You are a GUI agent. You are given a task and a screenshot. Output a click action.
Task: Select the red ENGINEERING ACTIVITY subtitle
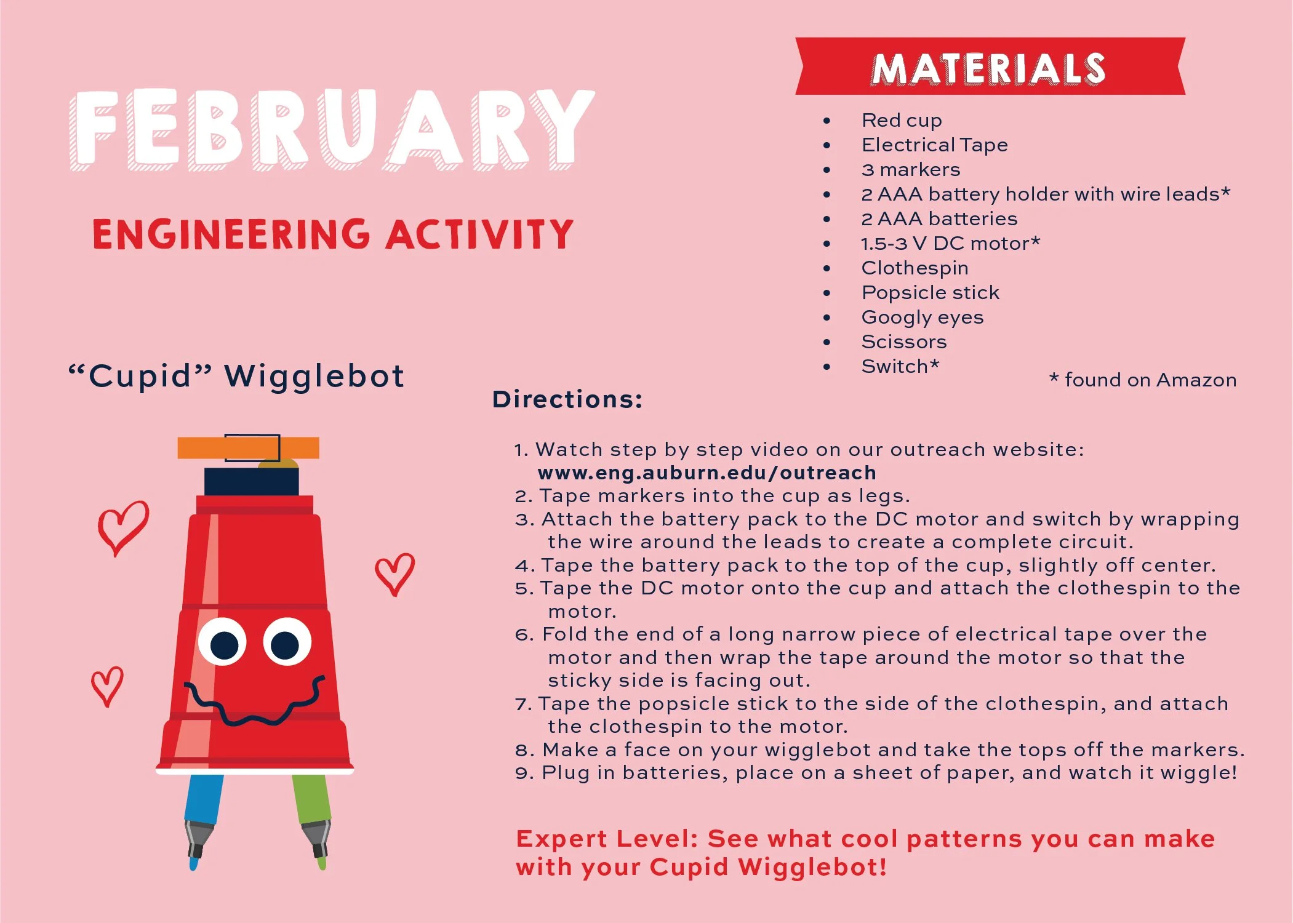click(332, 234)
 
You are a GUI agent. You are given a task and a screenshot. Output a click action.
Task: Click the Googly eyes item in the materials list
click(922, 318)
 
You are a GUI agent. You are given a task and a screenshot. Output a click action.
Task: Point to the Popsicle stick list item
click(930, 293)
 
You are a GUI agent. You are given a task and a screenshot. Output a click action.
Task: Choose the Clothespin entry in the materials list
click(915, 268)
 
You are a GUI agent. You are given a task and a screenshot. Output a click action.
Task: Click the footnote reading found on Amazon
click(1143, 380)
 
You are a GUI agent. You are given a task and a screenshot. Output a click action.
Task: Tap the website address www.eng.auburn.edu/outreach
click(706, 473)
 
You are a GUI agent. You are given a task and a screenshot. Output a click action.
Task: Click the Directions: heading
click(567, 399)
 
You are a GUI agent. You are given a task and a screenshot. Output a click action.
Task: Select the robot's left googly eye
click(223, 642)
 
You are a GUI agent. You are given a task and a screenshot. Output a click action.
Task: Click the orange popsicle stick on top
click(248, 447)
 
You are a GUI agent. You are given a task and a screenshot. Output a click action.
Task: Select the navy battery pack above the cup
click(251, 482)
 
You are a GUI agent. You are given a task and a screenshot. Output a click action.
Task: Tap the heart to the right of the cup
click(394, 573)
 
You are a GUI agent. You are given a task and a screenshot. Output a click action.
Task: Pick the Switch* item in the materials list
click(900, 366)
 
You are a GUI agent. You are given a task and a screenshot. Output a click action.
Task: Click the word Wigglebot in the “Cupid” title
click(314, 377)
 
